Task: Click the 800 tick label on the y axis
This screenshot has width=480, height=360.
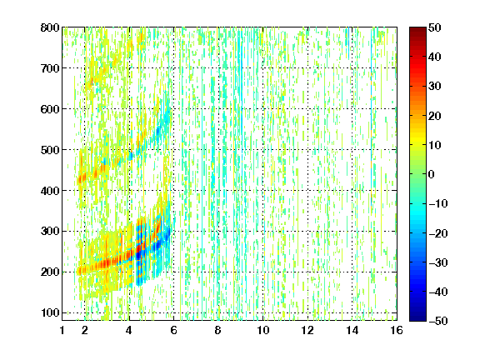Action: tap(50, 27)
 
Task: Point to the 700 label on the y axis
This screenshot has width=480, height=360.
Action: tap(50, 68)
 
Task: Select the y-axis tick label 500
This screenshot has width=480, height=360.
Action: tap(50, 150)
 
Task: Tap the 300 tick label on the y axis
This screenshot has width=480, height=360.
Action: tap(50, 232)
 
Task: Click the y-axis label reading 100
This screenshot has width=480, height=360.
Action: tap(50, 312)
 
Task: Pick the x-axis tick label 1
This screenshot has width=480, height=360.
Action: tap(62, 330)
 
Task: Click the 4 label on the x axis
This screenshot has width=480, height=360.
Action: tap(129, 330)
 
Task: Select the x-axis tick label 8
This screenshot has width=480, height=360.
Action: tap(218, 330)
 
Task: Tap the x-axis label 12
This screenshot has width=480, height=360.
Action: tap(307, 330)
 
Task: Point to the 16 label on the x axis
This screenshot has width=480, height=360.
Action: tap(397, 330)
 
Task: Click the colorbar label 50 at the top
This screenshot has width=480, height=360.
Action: tap(435, 27)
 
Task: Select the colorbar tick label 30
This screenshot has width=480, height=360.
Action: tap(435, 87)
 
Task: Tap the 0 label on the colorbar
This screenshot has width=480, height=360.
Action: tap(432, 174)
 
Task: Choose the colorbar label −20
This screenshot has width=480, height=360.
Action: tap(438, 233)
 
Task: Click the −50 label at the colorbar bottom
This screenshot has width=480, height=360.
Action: tap(438, 321)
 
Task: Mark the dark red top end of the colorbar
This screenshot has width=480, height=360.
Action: tap(417, 30)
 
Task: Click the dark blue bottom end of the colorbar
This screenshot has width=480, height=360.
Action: tap(417, 318)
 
